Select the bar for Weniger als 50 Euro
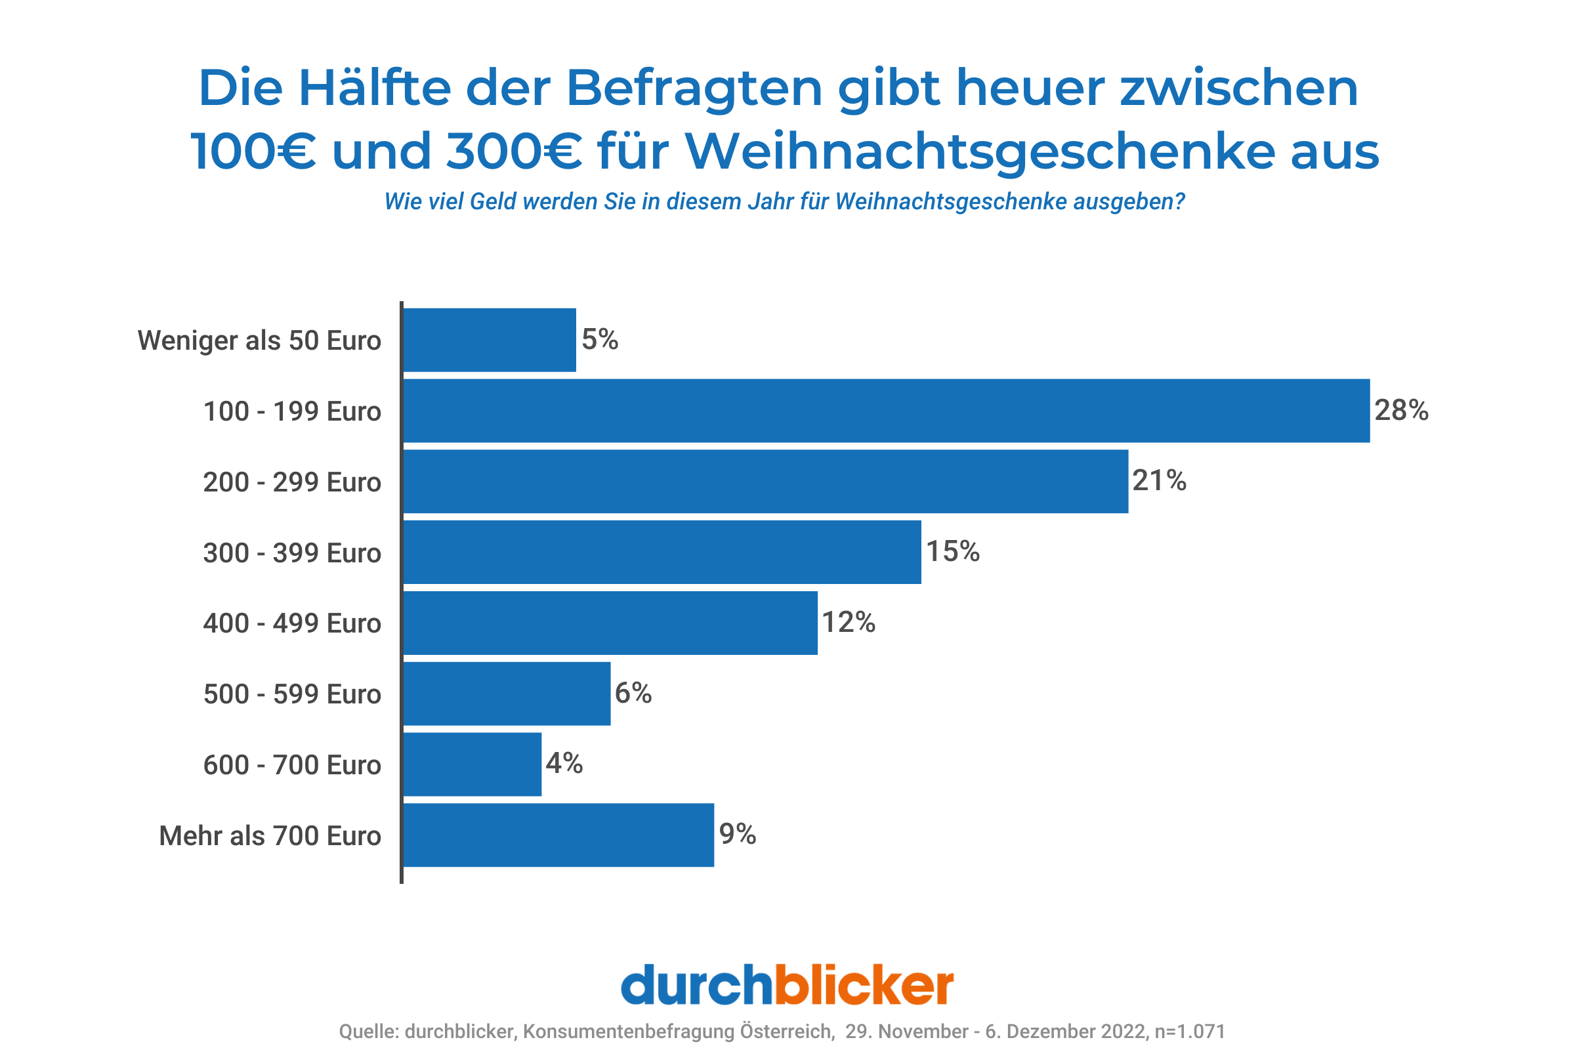click(490, 340)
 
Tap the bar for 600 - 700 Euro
click(472, 764)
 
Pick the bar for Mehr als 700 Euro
click(558, 835)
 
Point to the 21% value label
click(1159, 480)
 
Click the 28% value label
click(1401, 410)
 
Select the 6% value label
click(633, 692)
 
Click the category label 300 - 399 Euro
click(292, 553)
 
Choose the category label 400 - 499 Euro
click(292, 623)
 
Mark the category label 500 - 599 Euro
click(292, 694)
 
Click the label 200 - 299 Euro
click(292, 482)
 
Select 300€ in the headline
click(514, 151)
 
